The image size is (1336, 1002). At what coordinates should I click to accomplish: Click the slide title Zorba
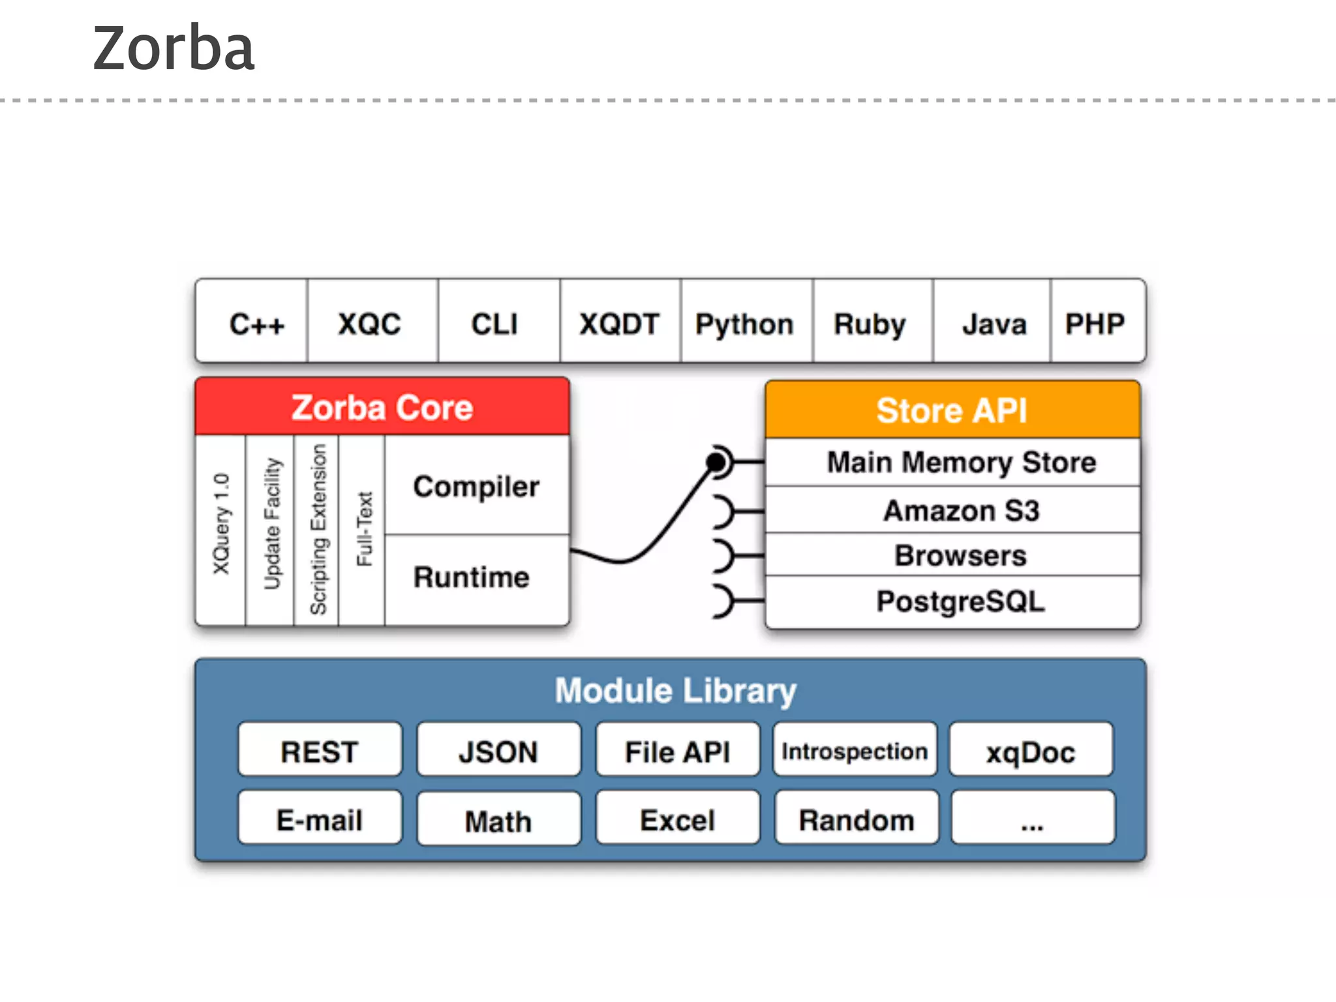pyautogui.click(x=174, y=48)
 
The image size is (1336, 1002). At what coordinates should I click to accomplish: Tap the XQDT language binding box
pyautogui.click(x=620, y=324)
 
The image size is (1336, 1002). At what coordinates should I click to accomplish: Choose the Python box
pyautogui.click(x=745, y=324)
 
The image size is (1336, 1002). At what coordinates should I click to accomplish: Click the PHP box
pyautogui.click(x=1096, y=324)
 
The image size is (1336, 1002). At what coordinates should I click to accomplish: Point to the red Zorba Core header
pyautogui.click(x=382, y=408)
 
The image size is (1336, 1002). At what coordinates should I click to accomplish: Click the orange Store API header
pyautogui.click(x=952, y=410)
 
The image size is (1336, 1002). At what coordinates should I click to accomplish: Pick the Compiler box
pyautogui.click(x=477, y=487)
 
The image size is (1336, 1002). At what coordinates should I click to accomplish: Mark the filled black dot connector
pyautogui.click(x=716, y=462)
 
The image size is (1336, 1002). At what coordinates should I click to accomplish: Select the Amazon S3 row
pyautogui.click(x=960, y=510)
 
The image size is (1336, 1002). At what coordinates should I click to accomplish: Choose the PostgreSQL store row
pyautogui.click(x=960, y=601)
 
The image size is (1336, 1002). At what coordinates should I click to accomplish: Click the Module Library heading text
pyautogui.click(x=675, y=691)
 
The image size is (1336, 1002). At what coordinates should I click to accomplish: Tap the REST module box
pyautogui.click(x=320, y=751)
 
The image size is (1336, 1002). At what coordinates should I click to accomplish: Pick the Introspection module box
pyautogui.click(x=855, y=751)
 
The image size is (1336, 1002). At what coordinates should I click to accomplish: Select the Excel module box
pyautogui.click(x=677, y=819)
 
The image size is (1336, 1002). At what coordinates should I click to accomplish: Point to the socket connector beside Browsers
pyautogui.click(x=724, y=556)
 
